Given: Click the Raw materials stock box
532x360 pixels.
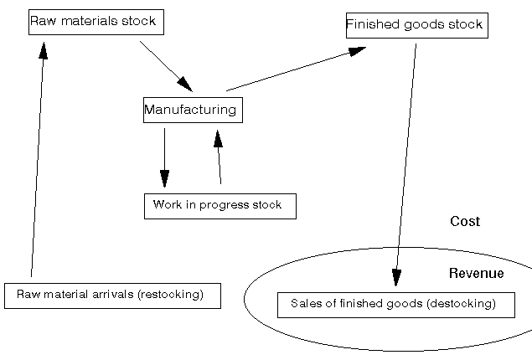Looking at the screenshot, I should (x=96, y=22).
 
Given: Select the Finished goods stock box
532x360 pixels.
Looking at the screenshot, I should (x=416, y=25).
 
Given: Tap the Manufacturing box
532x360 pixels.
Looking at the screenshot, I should (x=193, y=110).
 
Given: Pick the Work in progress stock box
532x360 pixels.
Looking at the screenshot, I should (x=220, y=206).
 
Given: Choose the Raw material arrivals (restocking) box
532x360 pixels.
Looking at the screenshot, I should (x=112, y=296).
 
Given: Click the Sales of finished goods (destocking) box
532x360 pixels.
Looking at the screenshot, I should (x=395, y=305).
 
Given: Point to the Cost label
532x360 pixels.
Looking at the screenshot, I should (x=465, y=222).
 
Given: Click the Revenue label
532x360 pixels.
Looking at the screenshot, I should (x=476, y=274).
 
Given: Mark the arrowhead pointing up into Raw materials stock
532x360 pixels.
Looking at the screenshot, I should (x=43, y=50).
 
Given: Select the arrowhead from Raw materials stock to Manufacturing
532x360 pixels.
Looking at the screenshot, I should (x=184, y=84).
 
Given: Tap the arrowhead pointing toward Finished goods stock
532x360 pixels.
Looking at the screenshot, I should (x=356, y=51).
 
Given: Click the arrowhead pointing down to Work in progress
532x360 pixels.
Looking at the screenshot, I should (x=164, y=178).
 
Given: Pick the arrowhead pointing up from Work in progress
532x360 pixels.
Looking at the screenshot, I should (x=218, y=139).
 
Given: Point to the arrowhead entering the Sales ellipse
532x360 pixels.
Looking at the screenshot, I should (x=396, y=277).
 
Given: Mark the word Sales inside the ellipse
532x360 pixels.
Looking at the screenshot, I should (x=305, y=304).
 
